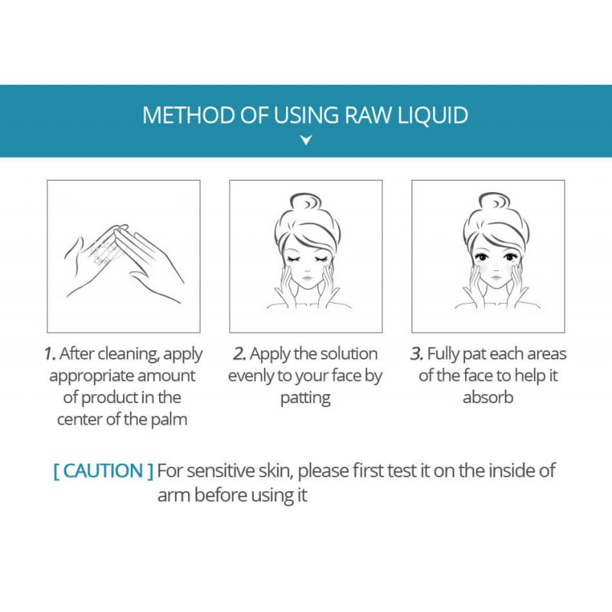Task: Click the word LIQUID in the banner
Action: [433, 116]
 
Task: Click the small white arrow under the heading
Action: [306, 140]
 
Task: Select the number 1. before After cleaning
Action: [50, 354]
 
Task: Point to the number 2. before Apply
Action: [239, 354]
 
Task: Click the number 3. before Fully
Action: [417, 354]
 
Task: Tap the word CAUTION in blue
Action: [103, 470]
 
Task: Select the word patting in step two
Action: [305, 399]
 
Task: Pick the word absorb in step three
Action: [488, 398]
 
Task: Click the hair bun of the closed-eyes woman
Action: [305, 203]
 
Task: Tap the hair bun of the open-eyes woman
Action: [494, 203]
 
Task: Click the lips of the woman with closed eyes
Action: [308, 278]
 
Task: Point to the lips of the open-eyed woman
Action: [496, 278]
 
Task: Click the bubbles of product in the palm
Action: [103, 252]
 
